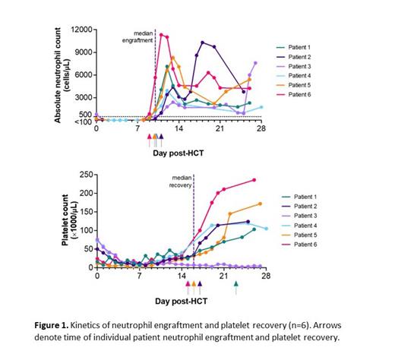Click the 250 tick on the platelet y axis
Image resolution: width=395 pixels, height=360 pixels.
(x=81, y=175)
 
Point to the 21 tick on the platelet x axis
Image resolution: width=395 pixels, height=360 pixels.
(x=223, y=276)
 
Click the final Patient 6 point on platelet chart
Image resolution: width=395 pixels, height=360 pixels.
(x=254, y=180)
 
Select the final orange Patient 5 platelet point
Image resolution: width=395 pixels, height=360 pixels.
(x=260, y=204)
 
